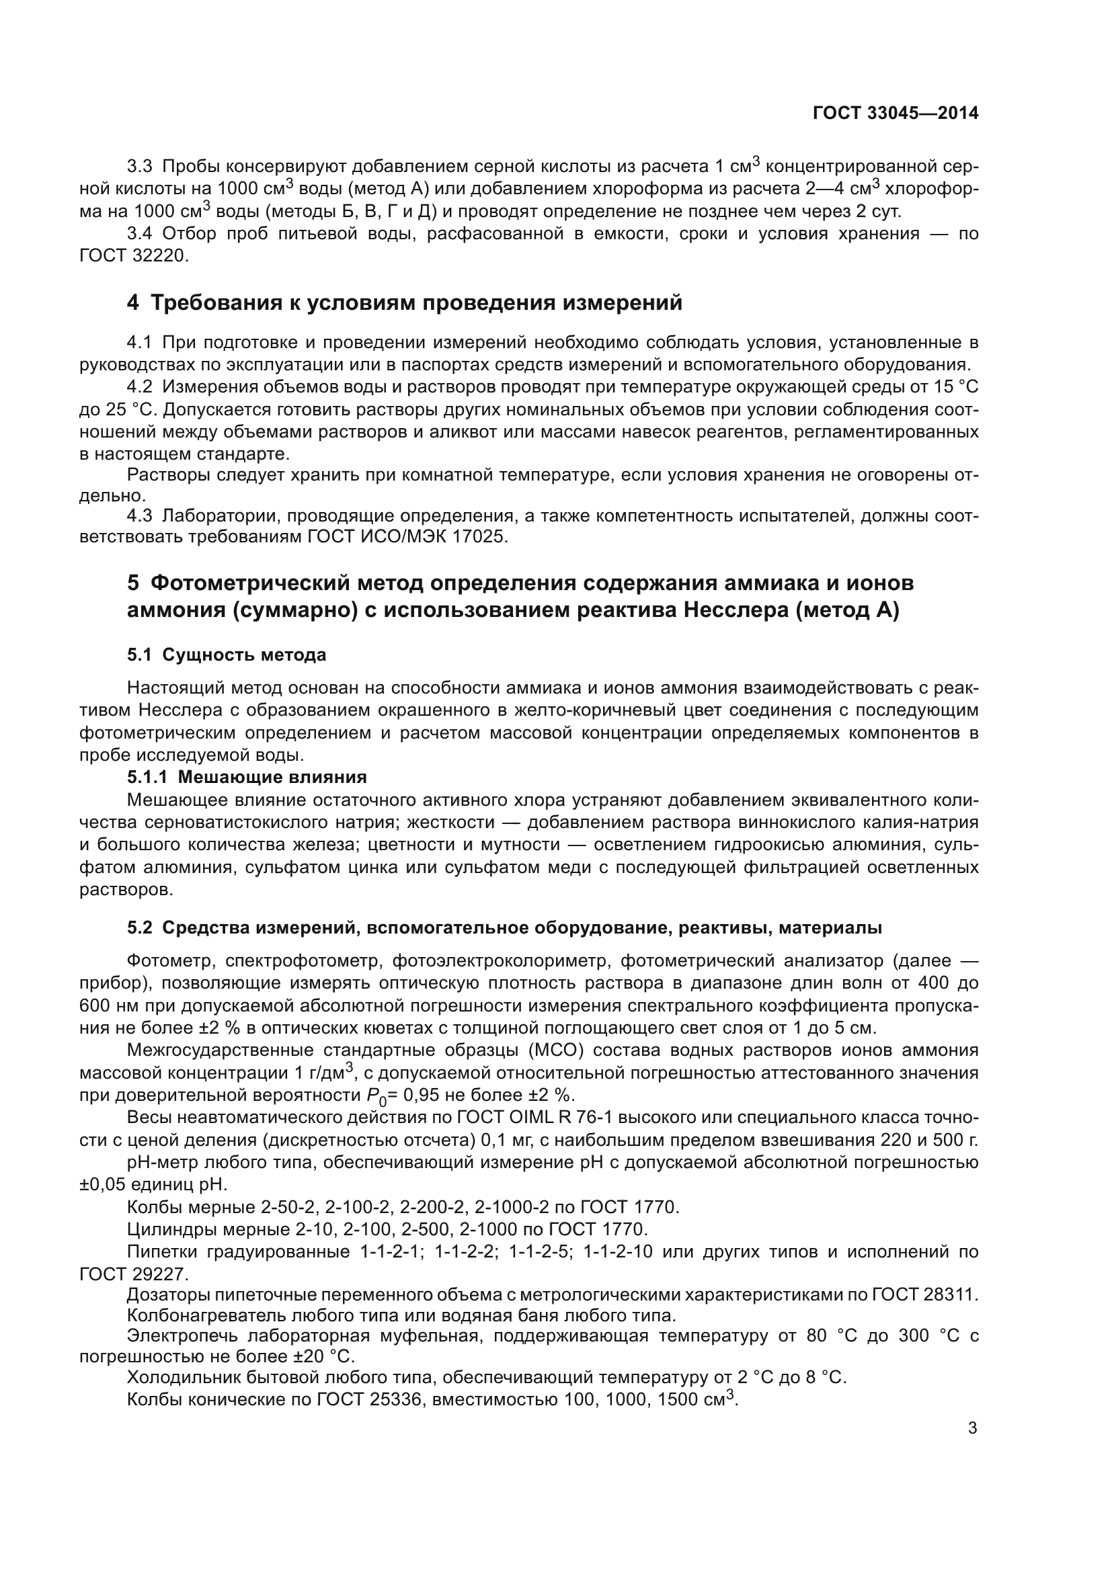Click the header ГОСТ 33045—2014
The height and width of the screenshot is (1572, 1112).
(x=895, y=114)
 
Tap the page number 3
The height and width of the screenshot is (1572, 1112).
(x=972, y=1428)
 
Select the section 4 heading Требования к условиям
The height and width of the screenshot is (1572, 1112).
(x=404, y=302)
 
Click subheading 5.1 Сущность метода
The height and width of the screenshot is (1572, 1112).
(x=226, y=655)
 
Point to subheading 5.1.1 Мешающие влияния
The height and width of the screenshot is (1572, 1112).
(x=247, y=777)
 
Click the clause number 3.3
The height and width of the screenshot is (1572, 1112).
(x=140, y=167)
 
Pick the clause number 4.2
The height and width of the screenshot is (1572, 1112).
(x=140, y=388)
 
